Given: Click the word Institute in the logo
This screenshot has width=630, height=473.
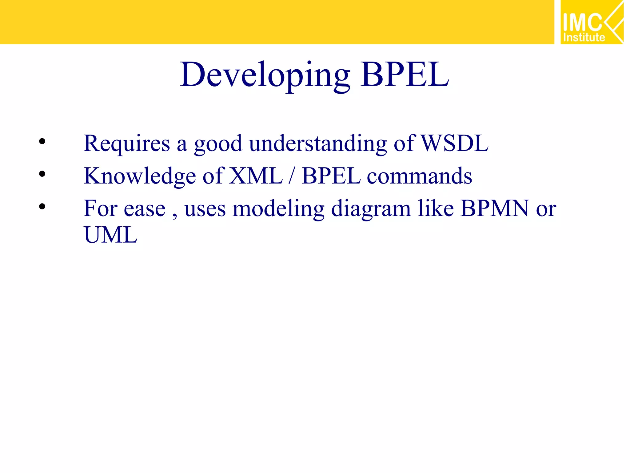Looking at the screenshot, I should coord(584,37).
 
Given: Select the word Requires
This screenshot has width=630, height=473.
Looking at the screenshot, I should coord(127,144).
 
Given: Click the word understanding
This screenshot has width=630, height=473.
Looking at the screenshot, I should coord(318,144).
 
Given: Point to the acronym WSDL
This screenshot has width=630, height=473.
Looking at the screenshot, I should coord(454,144).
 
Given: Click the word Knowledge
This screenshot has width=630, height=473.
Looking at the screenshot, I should coord(140,176).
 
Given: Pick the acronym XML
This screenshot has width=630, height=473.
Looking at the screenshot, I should coord(256,176).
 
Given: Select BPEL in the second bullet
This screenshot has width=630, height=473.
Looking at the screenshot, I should coord(331,176).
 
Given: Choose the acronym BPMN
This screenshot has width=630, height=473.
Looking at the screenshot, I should coord(494,209).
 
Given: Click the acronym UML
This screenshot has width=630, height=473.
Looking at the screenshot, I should coord(110,235).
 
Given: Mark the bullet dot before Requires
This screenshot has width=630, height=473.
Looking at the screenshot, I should coord(42,142).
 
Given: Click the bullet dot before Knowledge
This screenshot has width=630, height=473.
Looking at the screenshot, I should coord(42,174).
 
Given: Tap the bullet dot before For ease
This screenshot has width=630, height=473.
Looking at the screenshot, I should coord(42,207).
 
